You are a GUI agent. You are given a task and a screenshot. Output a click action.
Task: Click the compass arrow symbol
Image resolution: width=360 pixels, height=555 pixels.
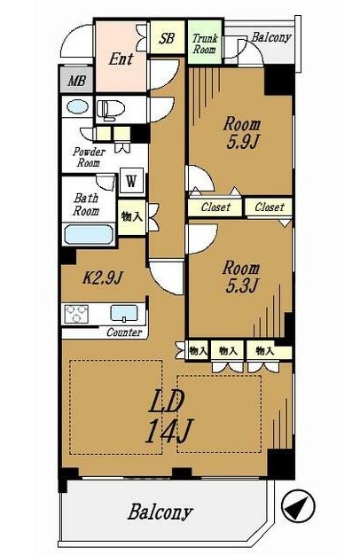[298, 506]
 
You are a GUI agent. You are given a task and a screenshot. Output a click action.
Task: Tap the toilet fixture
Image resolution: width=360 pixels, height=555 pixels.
[110, 109]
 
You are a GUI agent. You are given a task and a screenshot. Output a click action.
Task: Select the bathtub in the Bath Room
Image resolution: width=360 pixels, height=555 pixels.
[89, 234]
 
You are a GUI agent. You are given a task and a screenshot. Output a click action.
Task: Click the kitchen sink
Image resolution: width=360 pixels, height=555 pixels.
[124, 313]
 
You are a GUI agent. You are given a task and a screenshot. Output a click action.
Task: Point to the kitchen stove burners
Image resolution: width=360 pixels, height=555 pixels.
[76, 314]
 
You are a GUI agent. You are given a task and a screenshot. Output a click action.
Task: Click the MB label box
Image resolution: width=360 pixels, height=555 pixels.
[77, 81]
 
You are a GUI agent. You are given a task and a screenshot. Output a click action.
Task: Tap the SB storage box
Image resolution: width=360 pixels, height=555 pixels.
[167, 38]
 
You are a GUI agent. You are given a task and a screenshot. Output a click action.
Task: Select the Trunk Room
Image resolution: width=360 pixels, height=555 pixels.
[205, 43]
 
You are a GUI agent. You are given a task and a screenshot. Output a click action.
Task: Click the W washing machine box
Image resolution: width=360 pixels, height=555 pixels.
[131, 182]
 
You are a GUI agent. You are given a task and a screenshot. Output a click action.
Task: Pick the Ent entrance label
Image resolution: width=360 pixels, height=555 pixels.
[121, 59]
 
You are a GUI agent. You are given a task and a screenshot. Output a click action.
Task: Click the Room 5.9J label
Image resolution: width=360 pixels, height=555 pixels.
[242, 133]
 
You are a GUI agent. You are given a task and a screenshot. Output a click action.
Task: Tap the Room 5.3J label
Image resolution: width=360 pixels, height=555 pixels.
[241, 277]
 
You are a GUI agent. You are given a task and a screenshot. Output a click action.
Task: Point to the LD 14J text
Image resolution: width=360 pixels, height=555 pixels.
[169, 417]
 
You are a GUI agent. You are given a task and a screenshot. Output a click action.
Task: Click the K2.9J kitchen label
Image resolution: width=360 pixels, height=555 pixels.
[102, 278]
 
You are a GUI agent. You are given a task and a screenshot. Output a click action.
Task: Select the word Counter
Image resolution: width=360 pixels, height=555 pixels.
[124, 332]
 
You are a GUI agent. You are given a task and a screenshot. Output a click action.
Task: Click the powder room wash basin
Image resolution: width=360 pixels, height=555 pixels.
[77, 106]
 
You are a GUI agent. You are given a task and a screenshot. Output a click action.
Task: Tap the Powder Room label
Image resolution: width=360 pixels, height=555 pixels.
[90, 158]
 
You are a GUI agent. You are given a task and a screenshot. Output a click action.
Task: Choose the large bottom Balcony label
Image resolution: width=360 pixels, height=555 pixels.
[160, 512]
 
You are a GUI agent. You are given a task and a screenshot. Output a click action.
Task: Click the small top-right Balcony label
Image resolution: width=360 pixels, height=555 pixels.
[271, 37]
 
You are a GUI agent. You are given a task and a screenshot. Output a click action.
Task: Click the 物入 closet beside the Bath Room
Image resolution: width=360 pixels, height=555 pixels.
[132, 216]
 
